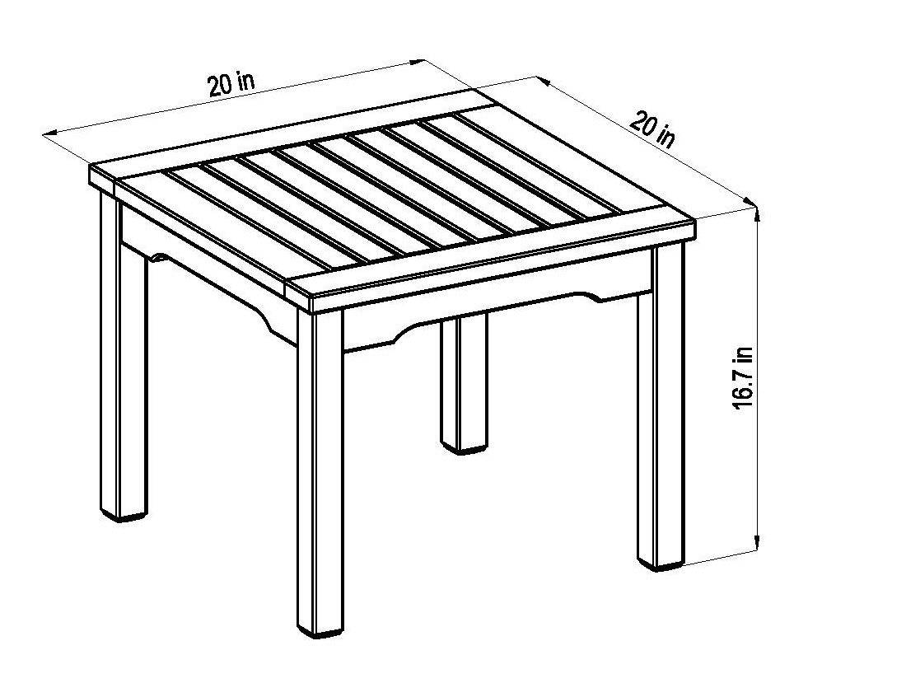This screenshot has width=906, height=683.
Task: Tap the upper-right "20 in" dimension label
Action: (652, 131)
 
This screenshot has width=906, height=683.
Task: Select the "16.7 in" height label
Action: (742, 378)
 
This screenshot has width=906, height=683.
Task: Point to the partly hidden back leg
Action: (464, 384)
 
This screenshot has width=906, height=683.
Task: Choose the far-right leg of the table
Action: (661, 405)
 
